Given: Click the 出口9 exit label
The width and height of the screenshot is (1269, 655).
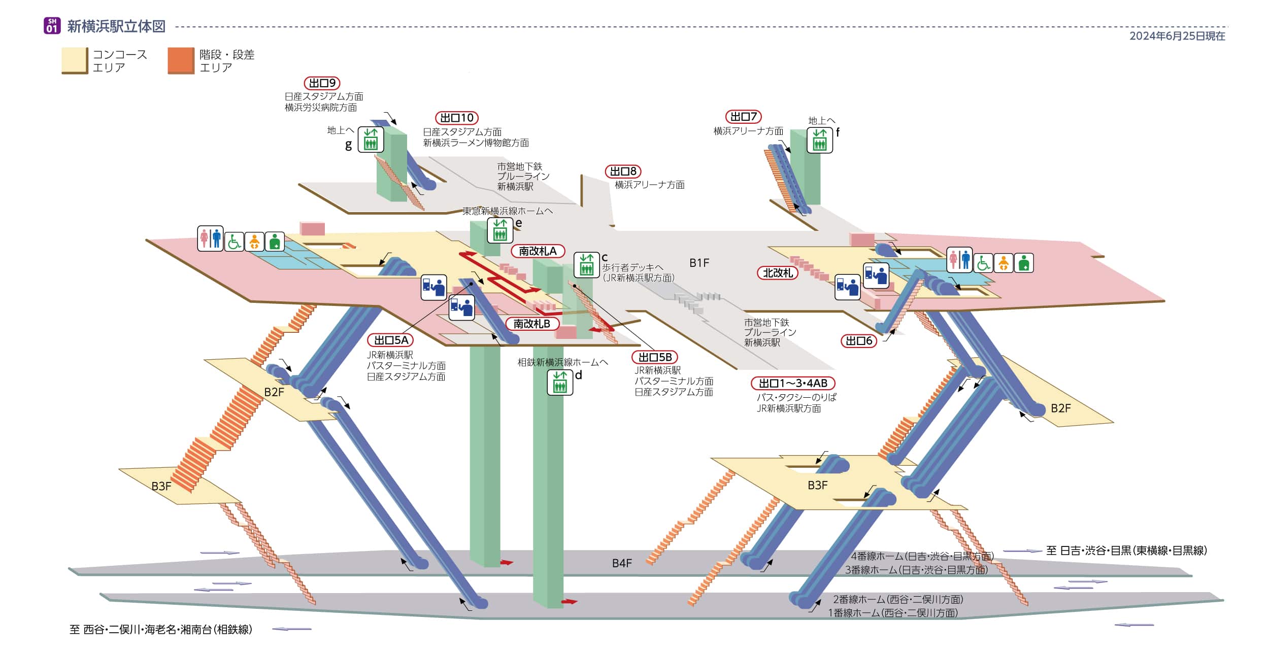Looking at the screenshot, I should coord(322,83).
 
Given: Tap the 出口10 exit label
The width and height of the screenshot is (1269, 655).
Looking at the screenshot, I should coord(456,118).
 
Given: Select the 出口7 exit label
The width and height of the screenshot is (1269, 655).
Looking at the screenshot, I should coord(743,117).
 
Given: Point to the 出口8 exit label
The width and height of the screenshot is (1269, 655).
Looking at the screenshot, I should coord(623,171).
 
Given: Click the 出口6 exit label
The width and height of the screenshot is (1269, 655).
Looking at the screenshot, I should coord(858,341).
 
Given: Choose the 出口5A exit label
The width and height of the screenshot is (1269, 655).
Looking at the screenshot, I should coord(390,340).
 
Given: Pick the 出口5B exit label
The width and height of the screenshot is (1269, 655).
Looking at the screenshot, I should coord(654,357).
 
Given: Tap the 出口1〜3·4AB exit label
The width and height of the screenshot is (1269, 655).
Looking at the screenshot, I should coord(792,383).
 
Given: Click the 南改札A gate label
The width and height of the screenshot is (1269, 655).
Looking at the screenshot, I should coord(538,251).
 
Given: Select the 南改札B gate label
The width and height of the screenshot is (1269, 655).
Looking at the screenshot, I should coord(531,324).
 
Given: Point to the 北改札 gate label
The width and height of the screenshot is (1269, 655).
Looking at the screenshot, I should coord(777,273).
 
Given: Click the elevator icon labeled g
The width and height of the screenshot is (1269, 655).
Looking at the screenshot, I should coord(371,140).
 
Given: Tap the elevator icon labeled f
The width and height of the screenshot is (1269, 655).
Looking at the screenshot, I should coord(819,140).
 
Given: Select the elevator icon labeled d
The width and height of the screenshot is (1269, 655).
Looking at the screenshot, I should coord(559,383).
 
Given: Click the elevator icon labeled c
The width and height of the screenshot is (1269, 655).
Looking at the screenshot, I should coord(586,265).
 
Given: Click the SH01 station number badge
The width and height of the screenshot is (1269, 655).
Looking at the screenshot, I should coord(52,26).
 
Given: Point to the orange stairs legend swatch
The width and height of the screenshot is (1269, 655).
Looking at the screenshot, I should coord(181,61).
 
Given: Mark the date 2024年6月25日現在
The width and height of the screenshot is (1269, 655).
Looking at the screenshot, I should coord(1177,36).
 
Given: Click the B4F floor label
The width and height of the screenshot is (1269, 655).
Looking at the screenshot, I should coord(621,563).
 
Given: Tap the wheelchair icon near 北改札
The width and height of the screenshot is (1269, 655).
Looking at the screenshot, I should coord(983,263).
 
